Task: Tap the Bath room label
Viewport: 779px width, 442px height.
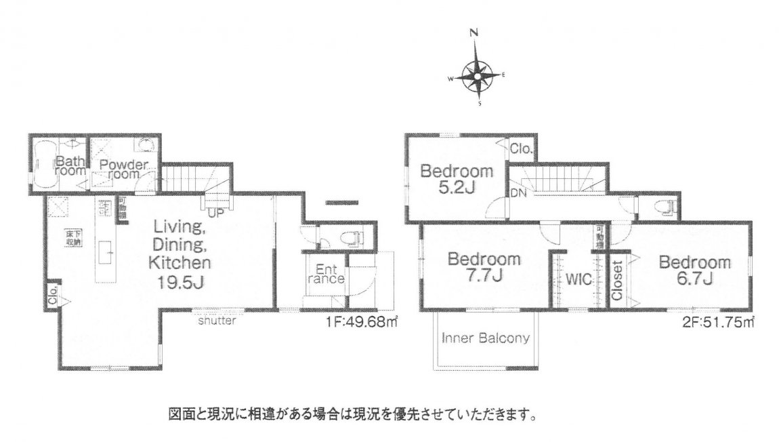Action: tap(70, 166)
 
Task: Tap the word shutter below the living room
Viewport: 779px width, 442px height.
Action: tap(217, 321)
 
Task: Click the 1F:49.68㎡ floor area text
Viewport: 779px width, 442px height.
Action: tap(361, 323)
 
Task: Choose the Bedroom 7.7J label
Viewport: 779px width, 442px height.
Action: tap(484, 266)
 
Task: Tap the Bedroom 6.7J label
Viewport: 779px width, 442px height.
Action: tap(695, 270)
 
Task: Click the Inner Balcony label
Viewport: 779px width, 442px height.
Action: tap(485, 338)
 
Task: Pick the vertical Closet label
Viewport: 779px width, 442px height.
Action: tap(617, 280)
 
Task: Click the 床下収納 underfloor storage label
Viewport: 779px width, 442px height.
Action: tap(72, 237)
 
